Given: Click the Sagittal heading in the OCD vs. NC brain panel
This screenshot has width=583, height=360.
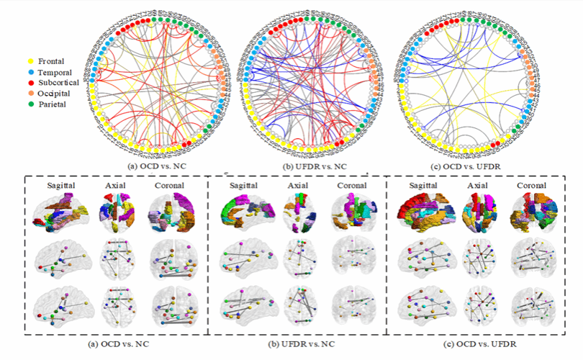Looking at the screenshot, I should [63, 186].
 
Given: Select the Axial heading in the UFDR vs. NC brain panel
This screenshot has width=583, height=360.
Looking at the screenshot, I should [299, 186].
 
